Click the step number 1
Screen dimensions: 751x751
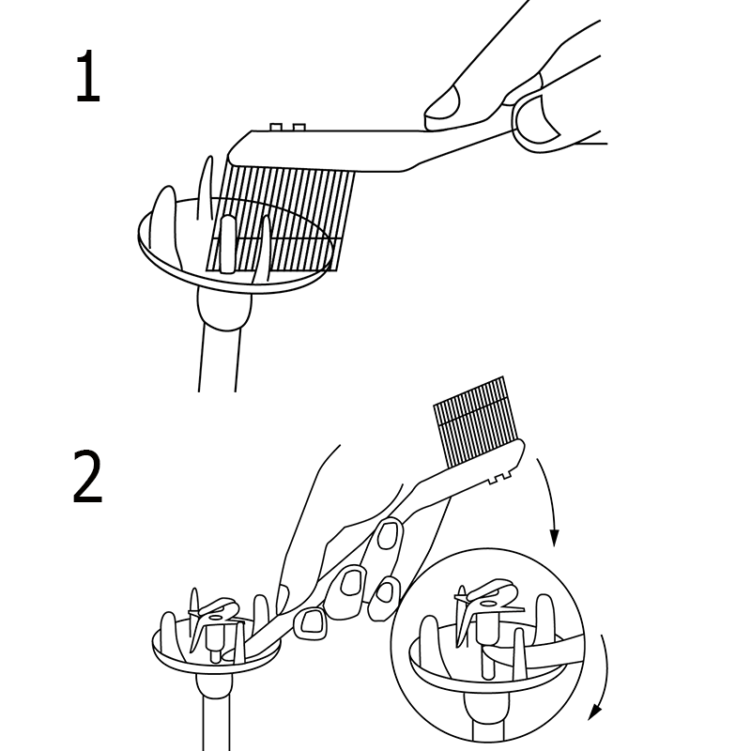(88, 76)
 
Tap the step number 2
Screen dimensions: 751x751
(87, 476)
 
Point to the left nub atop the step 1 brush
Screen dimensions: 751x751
(275, 127)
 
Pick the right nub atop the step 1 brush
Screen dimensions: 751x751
(299, 127)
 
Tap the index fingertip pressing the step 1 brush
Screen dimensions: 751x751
(443, 103)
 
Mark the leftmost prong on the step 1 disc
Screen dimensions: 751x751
(163, 225)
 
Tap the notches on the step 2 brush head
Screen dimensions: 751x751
(500, 478)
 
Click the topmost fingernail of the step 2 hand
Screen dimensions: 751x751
(388, 536)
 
